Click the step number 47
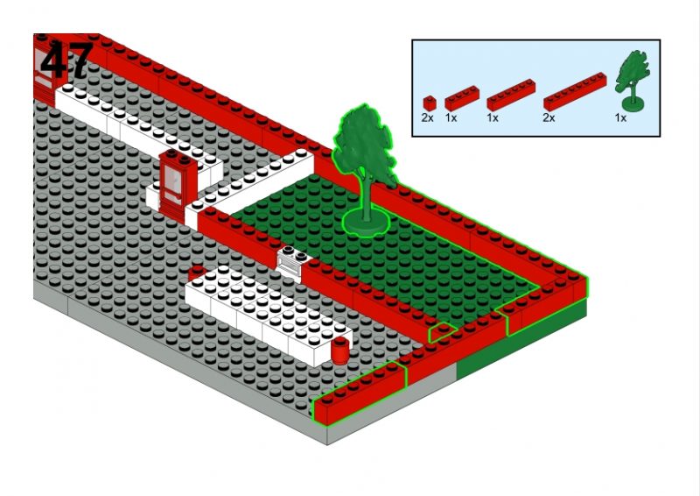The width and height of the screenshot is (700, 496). [67, 60]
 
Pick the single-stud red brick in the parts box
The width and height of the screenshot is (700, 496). [429, 103]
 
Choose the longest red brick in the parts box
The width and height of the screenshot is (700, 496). [575, 92]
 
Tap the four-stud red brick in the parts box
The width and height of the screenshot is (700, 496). [462, 98]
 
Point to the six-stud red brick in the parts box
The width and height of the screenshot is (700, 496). [511, 95]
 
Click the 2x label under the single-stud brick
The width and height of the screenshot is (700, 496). [427, 117]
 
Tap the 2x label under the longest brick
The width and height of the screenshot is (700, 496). [549, 117]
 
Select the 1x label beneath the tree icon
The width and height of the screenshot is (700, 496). [620, 117]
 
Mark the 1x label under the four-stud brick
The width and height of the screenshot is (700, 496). [451, 117]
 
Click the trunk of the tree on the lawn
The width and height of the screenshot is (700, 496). [367, 197]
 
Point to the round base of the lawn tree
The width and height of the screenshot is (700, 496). [366, 223]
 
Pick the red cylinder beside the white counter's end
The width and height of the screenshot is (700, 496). [340, 351]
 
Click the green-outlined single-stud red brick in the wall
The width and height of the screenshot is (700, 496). [442, 332]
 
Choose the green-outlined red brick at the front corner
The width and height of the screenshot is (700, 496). [360, 393]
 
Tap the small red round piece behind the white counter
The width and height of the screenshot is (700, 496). [196, 272]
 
